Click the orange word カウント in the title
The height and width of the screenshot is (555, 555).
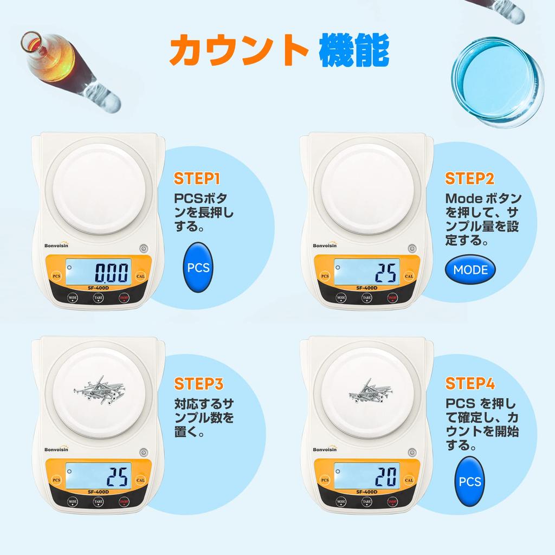235,51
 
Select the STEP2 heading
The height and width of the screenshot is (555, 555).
469,178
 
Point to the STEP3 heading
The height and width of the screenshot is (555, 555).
198,384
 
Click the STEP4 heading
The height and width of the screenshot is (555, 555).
470,384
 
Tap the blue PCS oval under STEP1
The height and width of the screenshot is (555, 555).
198,268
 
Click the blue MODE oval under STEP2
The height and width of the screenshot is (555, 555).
470,269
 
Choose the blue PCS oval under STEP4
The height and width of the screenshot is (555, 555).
469,481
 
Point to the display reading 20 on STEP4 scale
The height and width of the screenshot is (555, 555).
367,476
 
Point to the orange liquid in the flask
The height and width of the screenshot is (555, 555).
52,56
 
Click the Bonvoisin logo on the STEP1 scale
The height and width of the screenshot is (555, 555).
60,244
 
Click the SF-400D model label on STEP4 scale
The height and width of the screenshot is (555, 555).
367,492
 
